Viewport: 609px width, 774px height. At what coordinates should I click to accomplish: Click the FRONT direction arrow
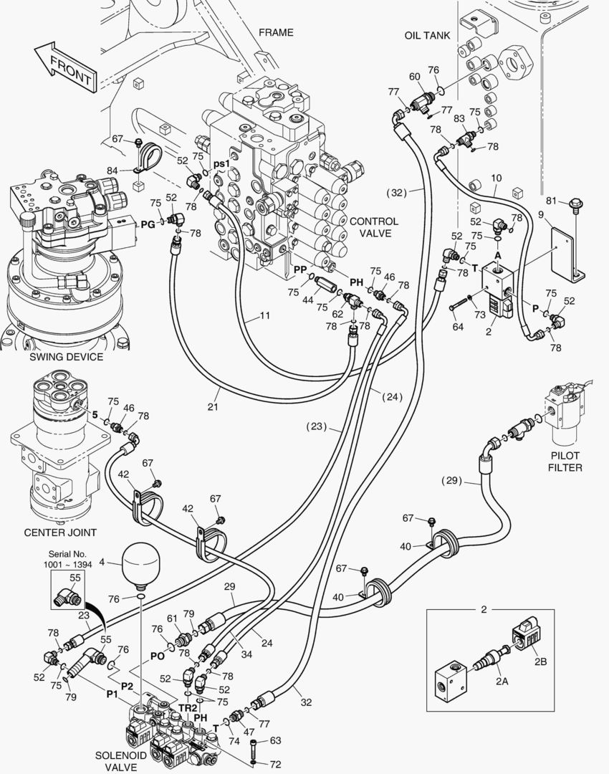click(63, 66)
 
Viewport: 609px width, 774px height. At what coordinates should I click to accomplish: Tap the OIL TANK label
click(427, 35)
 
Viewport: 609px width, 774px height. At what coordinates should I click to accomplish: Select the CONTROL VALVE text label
click(374, 228)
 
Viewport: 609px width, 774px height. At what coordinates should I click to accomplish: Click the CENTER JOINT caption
click(60, 532)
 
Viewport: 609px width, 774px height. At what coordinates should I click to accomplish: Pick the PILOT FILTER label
click(565, 462)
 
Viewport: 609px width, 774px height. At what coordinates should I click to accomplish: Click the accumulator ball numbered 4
click(140, 563)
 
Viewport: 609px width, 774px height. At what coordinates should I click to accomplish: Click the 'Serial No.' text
click(67, 554)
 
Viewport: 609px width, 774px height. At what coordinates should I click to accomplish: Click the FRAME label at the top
click(276, 32)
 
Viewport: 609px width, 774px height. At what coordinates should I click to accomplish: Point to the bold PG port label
click(148, 224)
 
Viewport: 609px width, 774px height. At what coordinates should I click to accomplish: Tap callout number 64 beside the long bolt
click(457, 328)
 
